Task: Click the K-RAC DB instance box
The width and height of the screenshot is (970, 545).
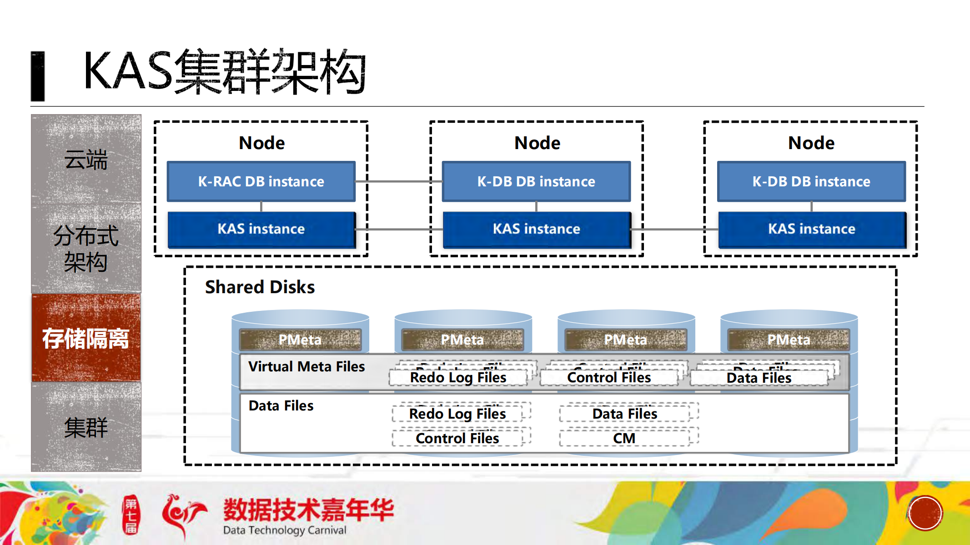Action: [x=261, y=181]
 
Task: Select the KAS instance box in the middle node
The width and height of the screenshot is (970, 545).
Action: [x=537, y=229]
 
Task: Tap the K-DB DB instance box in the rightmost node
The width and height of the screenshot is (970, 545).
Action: [x=811, y=181]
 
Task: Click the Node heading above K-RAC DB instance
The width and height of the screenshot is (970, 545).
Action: [x=261, y=143]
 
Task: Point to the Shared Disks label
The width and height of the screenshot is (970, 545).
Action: [x=260, y=287]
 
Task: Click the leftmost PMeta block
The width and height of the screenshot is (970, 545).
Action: [x=300, y=340]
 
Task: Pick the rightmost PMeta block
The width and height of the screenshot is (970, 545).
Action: [x=789, y=340]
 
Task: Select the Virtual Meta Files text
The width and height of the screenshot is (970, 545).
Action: [x=307, y=367]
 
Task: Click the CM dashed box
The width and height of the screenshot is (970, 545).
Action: [x=624, y=438]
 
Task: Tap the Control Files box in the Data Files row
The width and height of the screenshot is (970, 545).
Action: [x=457, y=438]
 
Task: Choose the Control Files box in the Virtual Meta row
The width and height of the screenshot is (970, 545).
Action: [x=609, y=378]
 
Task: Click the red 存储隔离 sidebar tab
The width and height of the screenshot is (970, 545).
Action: [x=86, y=338]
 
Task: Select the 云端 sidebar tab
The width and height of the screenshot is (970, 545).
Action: [x=86, y=159]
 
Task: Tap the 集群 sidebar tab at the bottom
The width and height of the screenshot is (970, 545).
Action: [x=86, y=427]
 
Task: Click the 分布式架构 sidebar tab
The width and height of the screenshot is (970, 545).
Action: [x=86, y=249]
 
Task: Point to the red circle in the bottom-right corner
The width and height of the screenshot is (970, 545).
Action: [x=925, y=513]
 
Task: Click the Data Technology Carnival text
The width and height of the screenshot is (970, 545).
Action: [x=285, y=530]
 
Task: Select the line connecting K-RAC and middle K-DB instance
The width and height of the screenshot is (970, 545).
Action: [x=398, y=181]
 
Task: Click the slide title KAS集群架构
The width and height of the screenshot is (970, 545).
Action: [x=225, y=72]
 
